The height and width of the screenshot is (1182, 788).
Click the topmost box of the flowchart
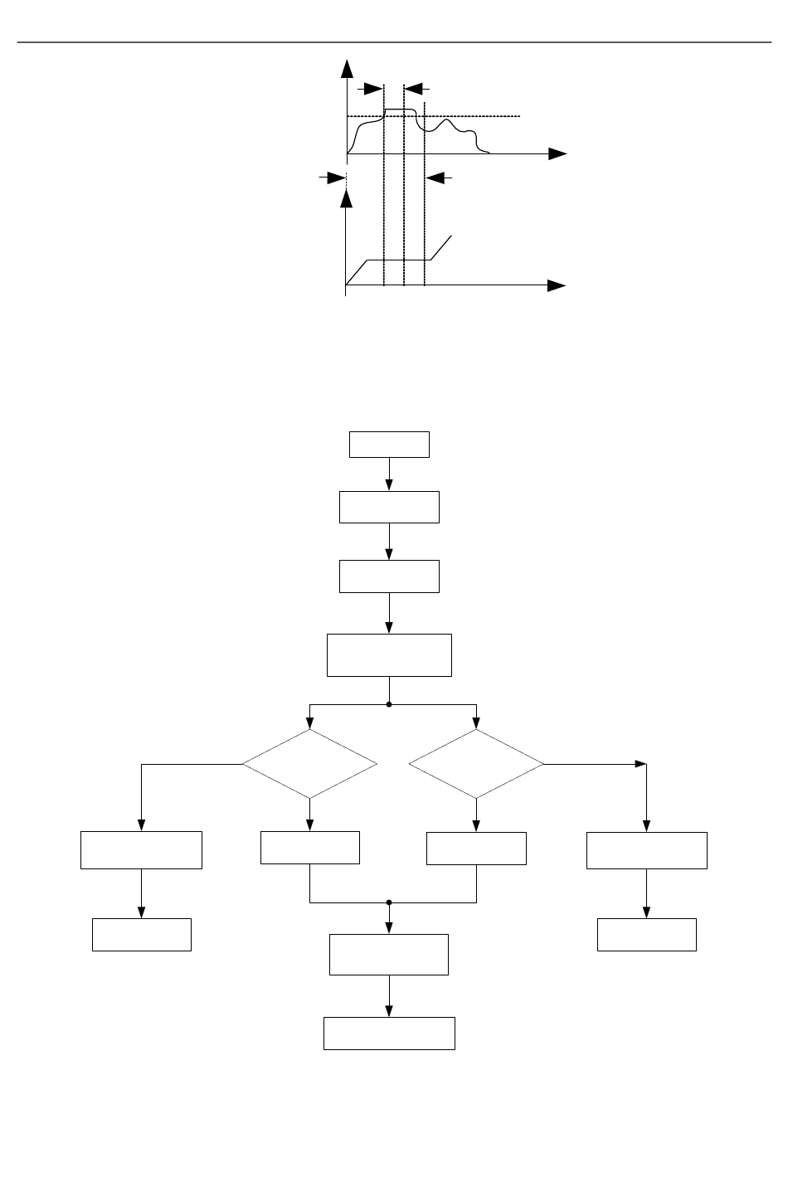(389, 445)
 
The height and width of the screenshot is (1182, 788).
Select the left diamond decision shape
(309, 764)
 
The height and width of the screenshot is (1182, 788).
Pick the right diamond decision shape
(476, 764)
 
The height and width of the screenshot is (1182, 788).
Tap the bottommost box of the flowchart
(389, 1033)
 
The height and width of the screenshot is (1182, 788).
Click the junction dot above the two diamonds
(389, 704)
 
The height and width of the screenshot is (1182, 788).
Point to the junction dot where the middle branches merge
(389, 902)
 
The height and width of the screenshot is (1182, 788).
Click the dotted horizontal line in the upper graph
(473, 116)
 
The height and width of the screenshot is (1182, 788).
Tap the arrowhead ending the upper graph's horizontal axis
(557, 154)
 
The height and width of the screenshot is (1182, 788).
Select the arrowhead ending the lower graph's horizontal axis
(557, 285)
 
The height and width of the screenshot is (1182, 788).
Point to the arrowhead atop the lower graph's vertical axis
(347, 197)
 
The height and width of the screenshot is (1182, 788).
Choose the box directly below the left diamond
(309, 847)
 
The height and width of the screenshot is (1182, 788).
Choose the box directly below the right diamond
(476, 847)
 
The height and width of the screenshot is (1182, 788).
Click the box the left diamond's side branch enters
(141, 849)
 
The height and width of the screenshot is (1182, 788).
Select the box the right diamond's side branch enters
(646, 849)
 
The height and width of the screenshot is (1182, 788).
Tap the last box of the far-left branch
(141, 934)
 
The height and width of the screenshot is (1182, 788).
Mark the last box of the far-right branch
(646, 934)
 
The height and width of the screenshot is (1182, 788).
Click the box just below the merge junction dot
(389, 954)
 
